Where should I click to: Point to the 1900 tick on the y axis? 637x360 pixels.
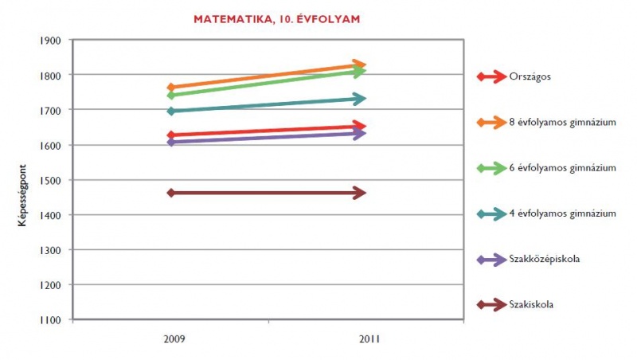point(51,40)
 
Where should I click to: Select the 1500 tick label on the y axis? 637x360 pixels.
point(51,180)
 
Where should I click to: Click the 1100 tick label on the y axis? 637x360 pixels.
point(51,320)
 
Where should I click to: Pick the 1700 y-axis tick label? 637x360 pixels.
point(51,110)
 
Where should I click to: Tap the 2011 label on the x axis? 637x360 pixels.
point(368,338)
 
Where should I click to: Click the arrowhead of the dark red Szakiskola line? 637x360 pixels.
point(361,193)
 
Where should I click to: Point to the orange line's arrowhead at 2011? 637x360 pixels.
point(361,65)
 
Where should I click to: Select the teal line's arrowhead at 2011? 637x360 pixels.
point(361,99)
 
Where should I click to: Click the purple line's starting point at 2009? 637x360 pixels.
point(171,142)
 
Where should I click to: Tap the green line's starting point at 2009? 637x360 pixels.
point(171,96)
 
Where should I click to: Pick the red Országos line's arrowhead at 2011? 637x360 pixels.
point(361,126)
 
